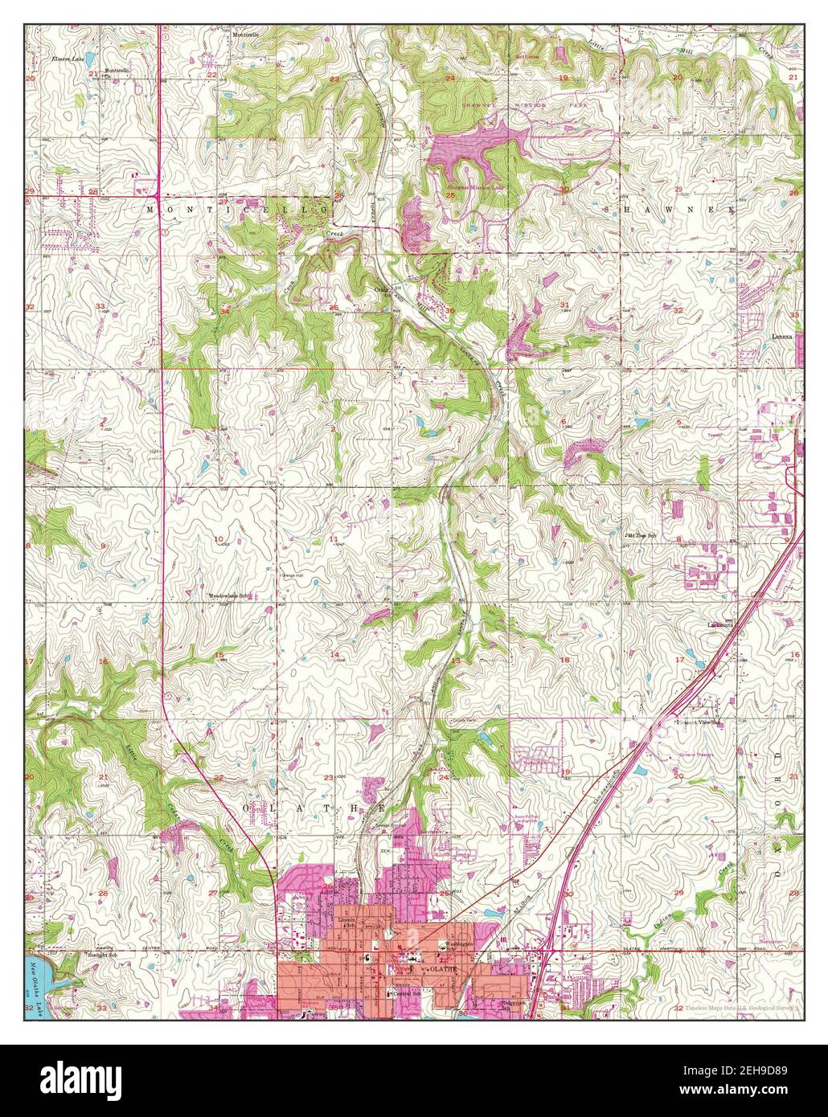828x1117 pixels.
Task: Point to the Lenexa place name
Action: pos(783,338)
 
